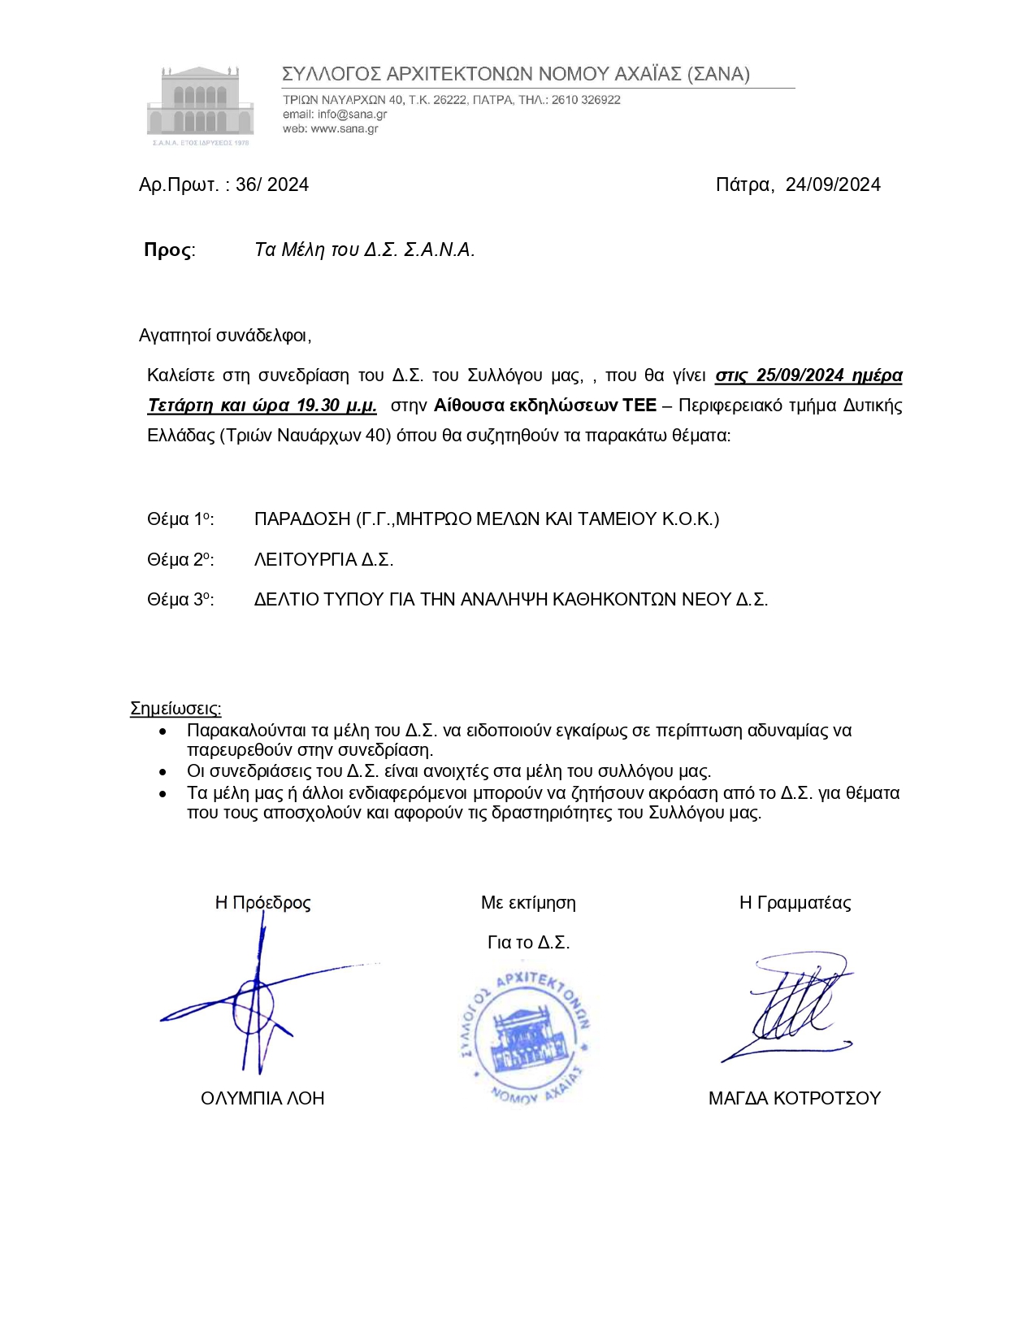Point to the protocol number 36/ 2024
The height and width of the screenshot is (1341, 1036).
click(272, 185)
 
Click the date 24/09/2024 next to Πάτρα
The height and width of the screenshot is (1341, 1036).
click(833, 185)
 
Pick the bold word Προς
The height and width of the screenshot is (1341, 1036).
click(168, 250)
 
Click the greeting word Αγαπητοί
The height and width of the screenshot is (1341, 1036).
click(176, 336)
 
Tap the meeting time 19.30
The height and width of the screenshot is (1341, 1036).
click(318, 406)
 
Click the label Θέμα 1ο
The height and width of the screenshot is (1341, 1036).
click(180, 519)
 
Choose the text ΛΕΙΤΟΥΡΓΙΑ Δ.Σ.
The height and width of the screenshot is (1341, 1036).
click(323, 560)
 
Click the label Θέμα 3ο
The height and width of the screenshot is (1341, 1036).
click(180, 600)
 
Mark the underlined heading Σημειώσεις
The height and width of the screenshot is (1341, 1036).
click(176, 709)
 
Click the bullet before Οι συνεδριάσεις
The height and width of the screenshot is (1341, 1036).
click(163, 771)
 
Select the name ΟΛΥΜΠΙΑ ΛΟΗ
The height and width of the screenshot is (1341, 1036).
click(262, 1099)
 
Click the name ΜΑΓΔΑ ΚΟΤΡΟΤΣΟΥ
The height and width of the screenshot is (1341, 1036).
click(794, 1099)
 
